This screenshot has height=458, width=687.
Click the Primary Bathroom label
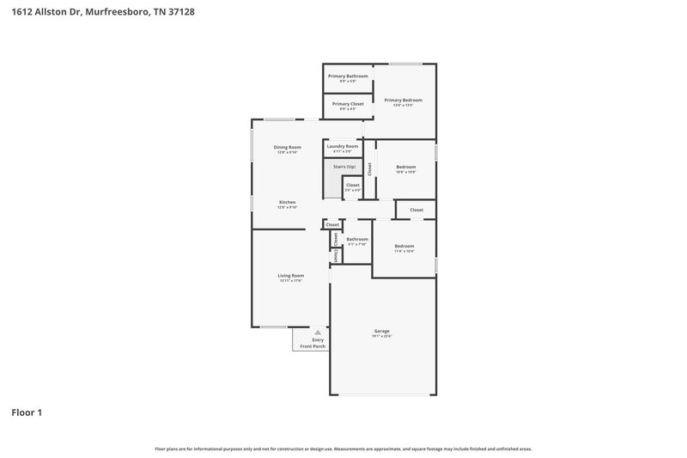[348, 76]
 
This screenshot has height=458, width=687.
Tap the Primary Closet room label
[348, 104]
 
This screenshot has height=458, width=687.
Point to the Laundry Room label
[343, 146]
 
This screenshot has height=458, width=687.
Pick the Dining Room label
[287, 147]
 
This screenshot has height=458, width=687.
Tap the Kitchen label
[287, 203]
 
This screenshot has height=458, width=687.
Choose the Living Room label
[290, 276]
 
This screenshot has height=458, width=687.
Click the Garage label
[381, 331]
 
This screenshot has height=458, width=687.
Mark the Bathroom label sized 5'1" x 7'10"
[357, 239]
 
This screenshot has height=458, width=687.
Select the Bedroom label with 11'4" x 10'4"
[404, 246]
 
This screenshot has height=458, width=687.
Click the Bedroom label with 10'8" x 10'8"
[405, 167]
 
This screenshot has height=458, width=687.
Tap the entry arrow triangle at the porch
[318, 331]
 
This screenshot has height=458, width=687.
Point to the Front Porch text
[313, 346]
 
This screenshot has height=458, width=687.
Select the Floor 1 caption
[27, 412]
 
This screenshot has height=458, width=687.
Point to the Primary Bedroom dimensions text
[403, 105]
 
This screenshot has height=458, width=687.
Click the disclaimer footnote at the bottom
[343, 449]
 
